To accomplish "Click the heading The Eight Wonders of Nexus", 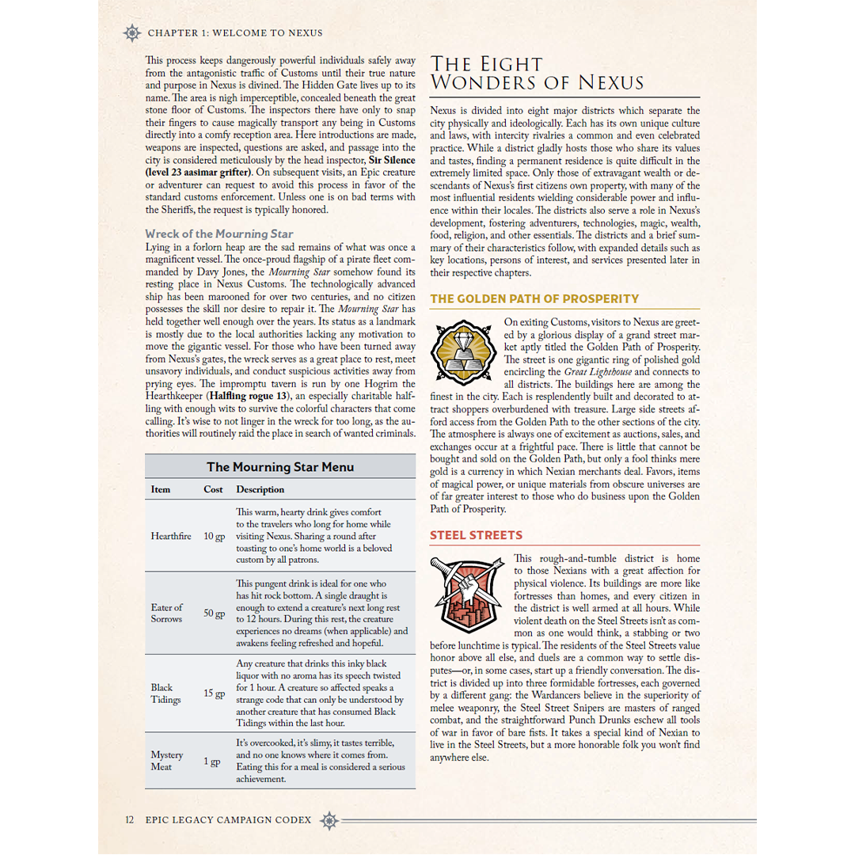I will point(536,73).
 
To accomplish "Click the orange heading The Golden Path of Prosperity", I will point(534,299).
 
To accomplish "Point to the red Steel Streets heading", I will point(476,536).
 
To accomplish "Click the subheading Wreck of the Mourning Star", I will point(219,234).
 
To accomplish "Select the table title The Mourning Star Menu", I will point(280,467).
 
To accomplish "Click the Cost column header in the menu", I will point(213,489).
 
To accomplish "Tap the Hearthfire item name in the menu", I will point(171,536).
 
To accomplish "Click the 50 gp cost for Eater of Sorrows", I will point(214,614).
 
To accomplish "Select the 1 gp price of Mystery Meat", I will point(211,762).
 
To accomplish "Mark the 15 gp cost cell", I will point(214,693).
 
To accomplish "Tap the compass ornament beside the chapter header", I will point(132,33).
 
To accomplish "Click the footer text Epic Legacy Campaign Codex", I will point(228,820).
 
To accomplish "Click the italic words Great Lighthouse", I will point(596,372).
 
